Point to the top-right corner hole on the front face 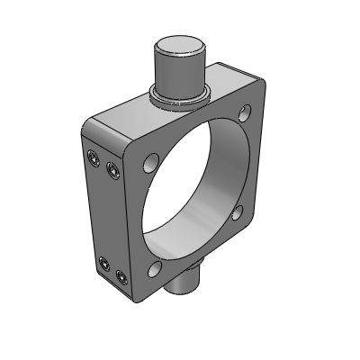coord(246,114)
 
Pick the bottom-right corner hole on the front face coord(238,213)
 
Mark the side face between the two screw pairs coord(108,216)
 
